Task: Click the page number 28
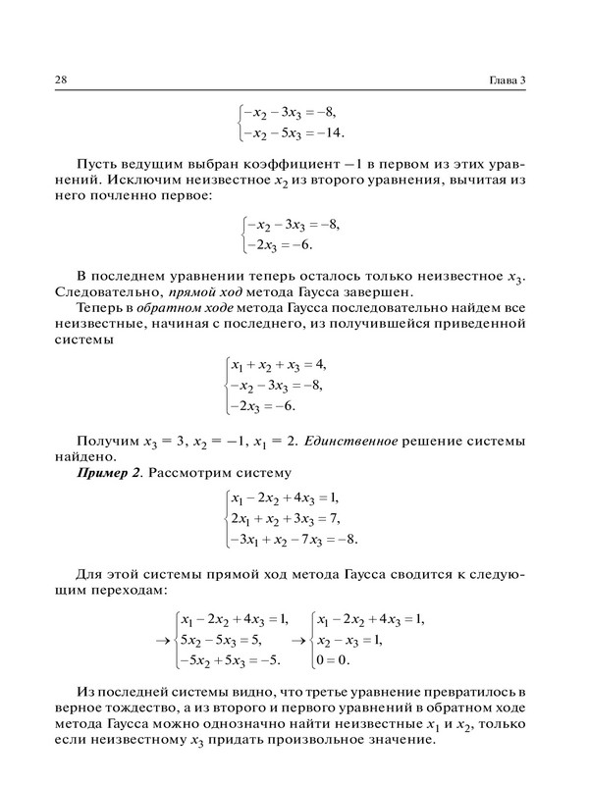(46, 79)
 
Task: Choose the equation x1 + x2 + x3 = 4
(279, 364)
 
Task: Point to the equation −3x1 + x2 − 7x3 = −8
(294, 539)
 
